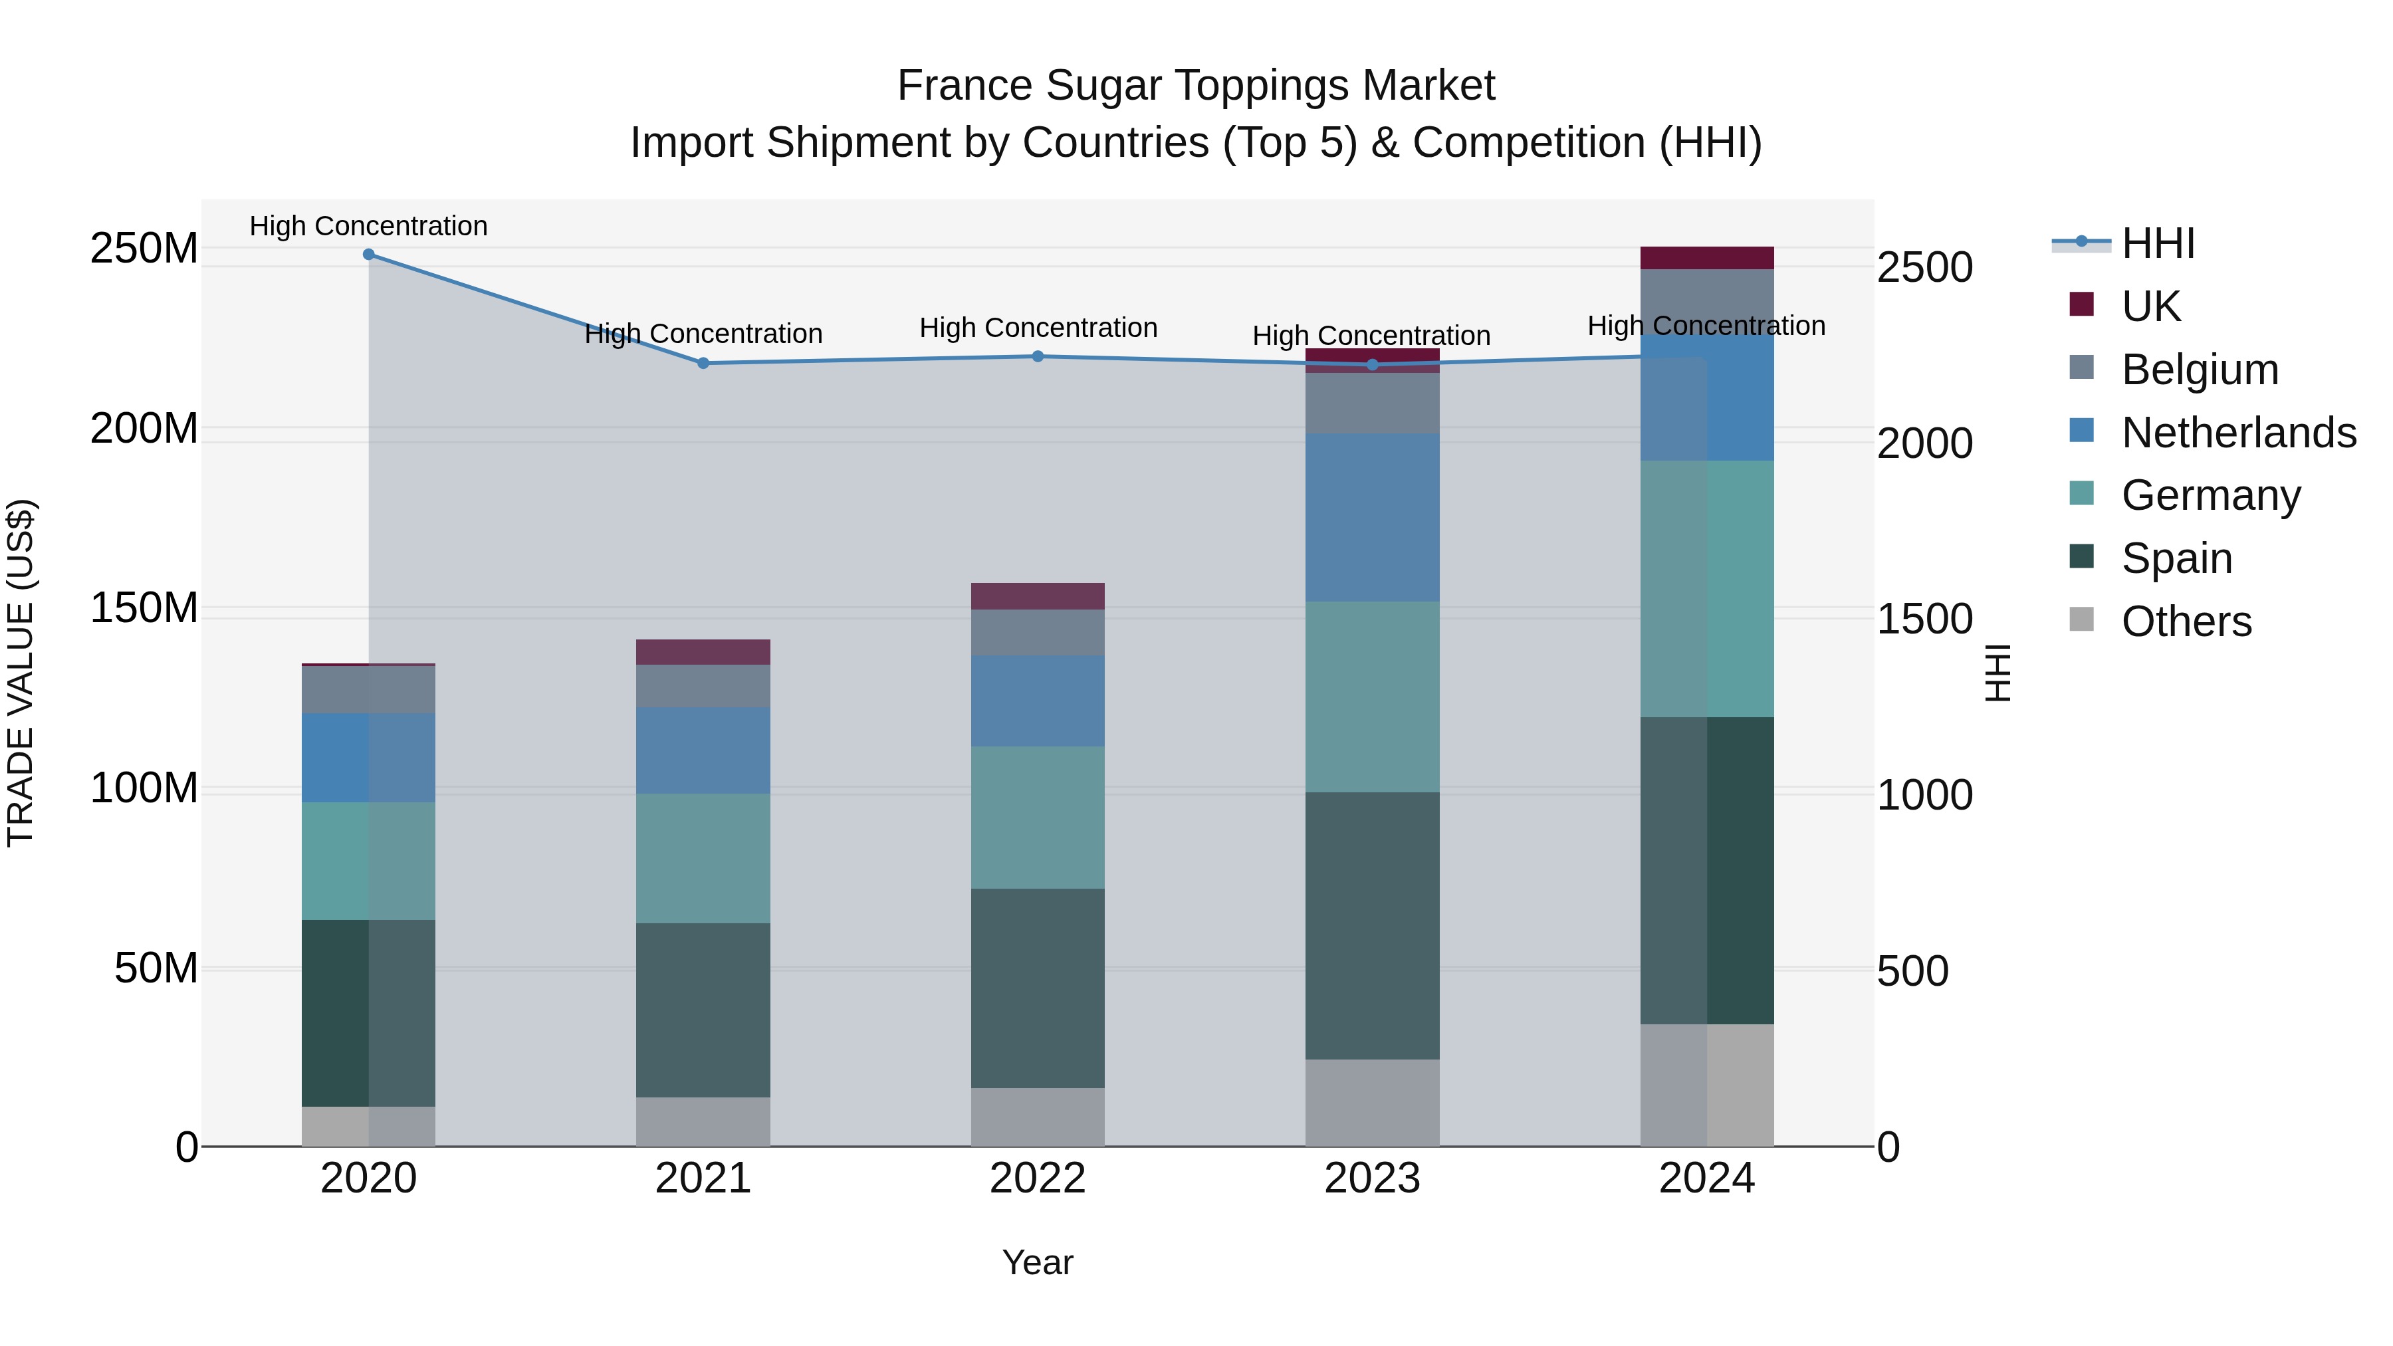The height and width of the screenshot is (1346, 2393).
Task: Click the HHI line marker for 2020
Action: click(369, 254)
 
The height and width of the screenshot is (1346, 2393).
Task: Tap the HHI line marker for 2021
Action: click(703, 363)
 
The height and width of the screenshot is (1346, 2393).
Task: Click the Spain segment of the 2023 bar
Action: click(1372, 925)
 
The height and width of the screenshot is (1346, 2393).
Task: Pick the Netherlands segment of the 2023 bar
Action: click(1372, 517)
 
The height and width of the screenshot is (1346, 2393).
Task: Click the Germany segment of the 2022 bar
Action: click(1038, 818)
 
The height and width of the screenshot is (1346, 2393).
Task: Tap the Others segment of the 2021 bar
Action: click(703, 1121)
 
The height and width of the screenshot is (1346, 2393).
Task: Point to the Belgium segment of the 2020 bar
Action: click(369, 689)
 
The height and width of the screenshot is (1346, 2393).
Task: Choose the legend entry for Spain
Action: click(2176, 558)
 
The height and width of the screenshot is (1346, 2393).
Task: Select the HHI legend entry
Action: click(2158, 243)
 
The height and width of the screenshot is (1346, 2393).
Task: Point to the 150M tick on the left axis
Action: click(144, 608)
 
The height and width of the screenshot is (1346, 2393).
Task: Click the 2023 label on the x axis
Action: click(1372, 1178)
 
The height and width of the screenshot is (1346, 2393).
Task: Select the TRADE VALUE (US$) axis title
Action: click(21, 673)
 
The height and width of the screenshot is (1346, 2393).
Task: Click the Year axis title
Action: click(1038, 1262)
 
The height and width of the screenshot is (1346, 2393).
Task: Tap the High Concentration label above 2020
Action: click(369, 226)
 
